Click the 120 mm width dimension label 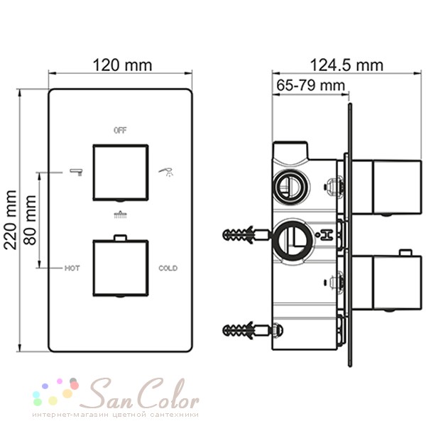(x=122, y=65)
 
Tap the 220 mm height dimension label (x=11, y=220)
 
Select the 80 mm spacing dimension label (x=30, y=220)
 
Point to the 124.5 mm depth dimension (x=346, y=65)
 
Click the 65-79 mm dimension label (x=310, y=85)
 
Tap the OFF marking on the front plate (x=120, y=131)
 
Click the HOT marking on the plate (x=72, y=268)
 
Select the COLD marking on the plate (x=168, y=268)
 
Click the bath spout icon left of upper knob (x=77, y=172)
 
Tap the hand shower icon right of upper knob (x=166, y=173)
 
